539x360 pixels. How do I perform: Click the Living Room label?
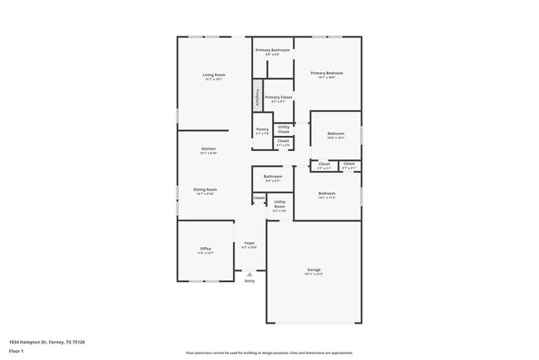[x=214, y=75]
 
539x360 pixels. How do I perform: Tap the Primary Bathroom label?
[x=272, y=49]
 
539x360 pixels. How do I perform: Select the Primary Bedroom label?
[x=327, y=73]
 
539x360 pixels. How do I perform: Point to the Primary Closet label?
[x=279, y=97]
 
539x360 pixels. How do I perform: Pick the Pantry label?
[x=262, y=129]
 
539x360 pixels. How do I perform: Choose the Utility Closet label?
[x=284, y=129]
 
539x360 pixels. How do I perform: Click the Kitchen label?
[x=208, y=148]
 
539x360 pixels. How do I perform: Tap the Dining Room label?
[x=206, y=189]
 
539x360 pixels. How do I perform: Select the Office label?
[x=206, y=249]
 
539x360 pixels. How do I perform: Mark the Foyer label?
[x=249, y=243]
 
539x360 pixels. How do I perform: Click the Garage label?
[x=314, y=270]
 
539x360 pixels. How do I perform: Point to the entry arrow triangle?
[x=249, y=273]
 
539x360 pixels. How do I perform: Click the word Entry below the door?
[x=250, y=281]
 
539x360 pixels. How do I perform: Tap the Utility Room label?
[x=280, y=203]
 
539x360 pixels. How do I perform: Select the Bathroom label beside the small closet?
[x=273, y=176]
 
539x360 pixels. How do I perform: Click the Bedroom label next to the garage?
[x=327, y=193]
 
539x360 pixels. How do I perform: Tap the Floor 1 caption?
[x=17, y=351]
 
